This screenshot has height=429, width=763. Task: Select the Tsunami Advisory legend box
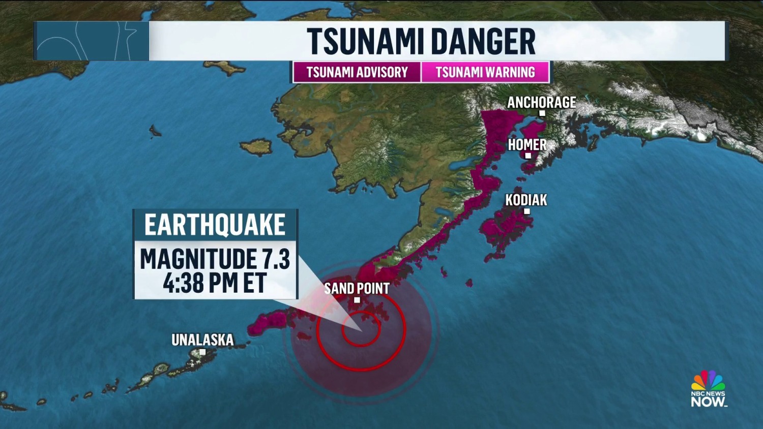tap(357, 72)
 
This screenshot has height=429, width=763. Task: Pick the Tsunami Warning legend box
tap(485, 72)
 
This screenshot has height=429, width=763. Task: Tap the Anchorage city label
tap(541, 102)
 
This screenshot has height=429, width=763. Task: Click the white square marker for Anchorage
tap(542, 113)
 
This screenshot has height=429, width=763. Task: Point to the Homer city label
tap(527, 145)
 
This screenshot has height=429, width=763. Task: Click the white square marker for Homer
tap(528, 156)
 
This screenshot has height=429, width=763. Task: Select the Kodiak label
tap(526, 200)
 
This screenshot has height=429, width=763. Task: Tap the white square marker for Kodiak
tap(527, 211)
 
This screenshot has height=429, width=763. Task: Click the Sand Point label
tap(357, 288)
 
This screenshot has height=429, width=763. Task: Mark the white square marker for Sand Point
tap(357, 300)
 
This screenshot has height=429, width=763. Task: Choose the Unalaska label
tap(202, 340)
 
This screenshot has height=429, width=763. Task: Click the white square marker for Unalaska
tap(202, 352)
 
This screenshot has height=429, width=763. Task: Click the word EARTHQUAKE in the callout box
tap(215, 225)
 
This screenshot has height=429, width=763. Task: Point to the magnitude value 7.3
tap(276, 259)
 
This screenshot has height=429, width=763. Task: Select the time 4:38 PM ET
tap(215, 283)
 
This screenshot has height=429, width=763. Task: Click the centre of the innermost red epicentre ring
tap(361, 329)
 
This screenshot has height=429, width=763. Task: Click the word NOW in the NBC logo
tap(708, 402)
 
